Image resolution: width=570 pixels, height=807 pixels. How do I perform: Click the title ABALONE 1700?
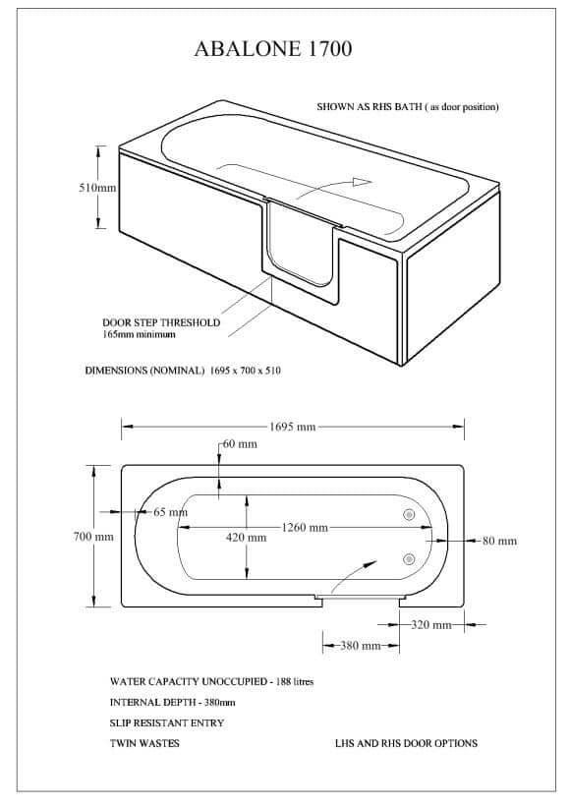(x=272, y=49)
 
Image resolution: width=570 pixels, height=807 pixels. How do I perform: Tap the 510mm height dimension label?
(x=97, y=188)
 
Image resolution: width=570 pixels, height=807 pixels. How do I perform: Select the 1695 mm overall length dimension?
(x=292, y=427)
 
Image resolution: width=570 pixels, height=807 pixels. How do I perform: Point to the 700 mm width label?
(x=93, y=537)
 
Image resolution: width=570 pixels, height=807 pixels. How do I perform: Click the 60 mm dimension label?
(x=240, y=444)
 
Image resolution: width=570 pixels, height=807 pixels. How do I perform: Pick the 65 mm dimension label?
(x=171, y=512)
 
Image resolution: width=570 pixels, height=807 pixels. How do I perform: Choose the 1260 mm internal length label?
(x=305, y=528)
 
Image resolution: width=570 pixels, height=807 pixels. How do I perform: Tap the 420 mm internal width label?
(x=246, y=538)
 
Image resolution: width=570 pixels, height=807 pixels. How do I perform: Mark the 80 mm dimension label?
(x=499, y=541)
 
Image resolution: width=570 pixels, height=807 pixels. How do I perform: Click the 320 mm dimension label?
(x=431, y=625)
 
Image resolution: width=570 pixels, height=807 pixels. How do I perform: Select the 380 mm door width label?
(x=360, y=646)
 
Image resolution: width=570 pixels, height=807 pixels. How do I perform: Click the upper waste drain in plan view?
(x=409, y=514)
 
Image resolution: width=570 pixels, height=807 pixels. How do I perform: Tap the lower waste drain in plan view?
(x=409, y=559)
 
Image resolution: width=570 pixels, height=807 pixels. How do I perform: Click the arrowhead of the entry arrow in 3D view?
(x=363, y=182)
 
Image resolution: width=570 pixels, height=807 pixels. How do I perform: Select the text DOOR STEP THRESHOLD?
(x=161, y=322)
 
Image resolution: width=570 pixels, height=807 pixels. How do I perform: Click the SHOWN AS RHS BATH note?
(x=408, y=107)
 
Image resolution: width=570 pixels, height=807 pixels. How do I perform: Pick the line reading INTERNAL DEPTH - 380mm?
(x=172, y=702)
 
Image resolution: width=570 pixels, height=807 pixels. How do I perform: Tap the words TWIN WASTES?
(x=144, y=743)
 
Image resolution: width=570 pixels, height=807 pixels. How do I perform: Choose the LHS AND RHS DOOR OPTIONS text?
(x=406, y=743)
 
